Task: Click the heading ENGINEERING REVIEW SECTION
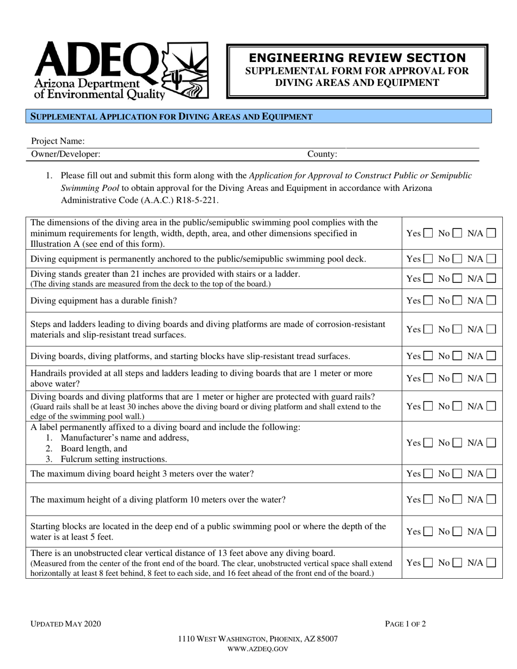357,58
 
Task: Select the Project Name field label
58,141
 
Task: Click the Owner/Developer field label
65,154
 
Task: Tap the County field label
322,154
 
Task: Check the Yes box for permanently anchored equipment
428,259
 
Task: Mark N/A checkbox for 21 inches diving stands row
491,278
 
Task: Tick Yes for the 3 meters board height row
428,474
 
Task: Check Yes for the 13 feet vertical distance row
428,563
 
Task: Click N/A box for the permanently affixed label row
491,443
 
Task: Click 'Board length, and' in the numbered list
94,449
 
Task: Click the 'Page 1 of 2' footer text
405,624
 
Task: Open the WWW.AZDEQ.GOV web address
257,649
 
